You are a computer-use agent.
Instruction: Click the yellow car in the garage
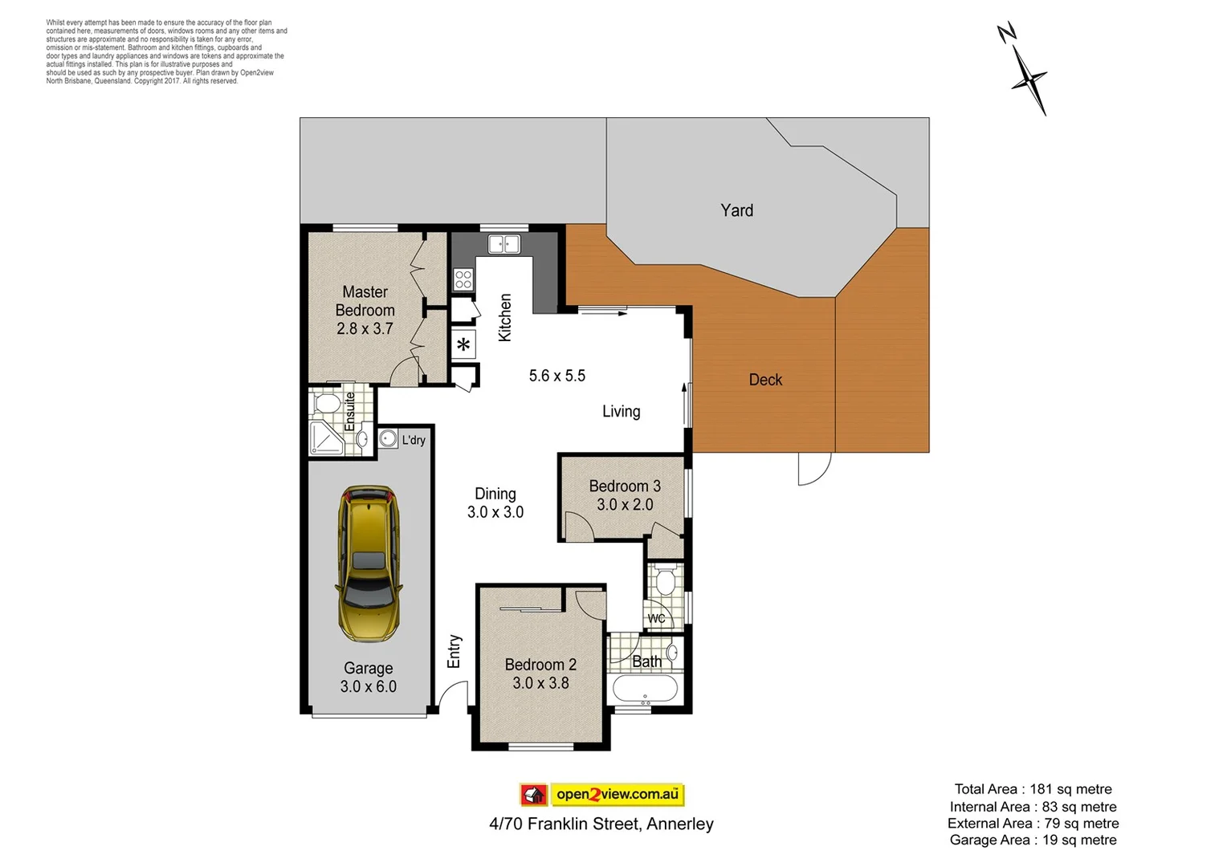pos(369,563)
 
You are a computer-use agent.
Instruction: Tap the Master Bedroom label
pos(365,301)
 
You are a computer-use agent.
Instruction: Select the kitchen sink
pos(504,244)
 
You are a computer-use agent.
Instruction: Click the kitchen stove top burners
pos(463,279)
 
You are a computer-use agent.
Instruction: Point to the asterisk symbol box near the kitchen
pos(463,345)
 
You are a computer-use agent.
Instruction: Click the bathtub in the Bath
pos(645,689)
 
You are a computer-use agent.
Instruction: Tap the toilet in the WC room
pos(664,580)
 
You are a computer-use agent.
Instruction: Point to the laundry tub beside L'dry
pos(388,438)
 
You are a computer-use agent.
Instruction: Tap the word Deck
pos(765,380)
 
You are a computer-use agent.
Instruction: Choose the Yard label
pos(736,210)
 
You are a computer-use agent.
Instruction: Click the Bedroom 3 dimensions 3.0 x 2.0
pos(625,505)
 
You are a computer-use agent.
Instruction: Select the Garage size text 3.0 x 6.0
pos(369,686)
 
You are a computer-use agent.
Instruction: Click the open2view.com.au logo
pos(602,795)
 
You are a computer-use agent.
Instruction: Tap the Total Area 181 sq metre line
pos(1033,789)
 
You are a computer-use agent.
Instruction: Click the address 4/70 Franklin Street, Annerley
pos(601,824)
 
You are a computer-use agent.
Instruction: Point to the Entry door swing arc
pos(455,694)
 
